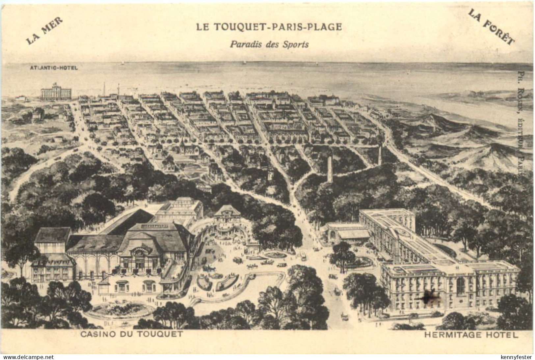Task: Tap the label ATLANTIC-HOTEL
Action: [x=54, y=68]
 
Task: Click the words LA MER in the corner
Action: [x=44, y=31]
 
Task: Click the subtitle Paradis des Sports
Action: [x=269, y=44]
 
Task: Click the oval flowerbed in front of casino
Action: [x=120, y=310]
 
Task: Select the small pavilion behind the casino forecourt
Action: [x=227, y=215]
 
